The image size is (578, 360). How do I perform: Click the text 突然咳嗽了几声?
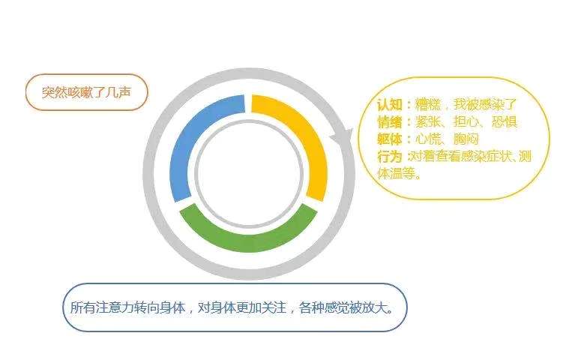[x=86, y=92]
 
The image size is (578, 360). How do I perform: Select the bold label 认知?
[x=390, y=105]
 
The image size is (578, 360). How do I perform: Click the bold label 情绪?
[x=390, y=121]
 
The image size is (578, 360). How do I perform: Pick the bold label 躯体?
[x=390, y=139]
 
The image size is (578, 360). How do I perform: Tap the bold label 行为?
[x=390, y=157]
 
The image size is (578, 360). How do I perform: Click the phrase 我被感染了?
[x=486, y=105]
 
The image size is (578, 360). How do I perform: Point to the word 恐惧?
[x=505, y=121]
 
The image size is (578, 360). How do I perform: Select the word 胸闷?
[x=466, y=139]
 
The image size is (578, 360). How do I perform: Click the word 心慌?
[x=428, y=139]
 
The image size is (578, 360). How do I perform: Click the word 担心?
[x=466, y=121]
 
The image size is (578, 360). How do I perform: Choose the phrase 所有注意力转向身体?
[x=127, y=307]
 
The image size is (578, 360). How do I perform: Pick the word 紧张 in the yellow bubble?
[x=428, y=121]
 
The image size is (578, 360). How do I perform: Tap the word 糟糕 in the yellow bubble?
[x=428, y=105]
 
